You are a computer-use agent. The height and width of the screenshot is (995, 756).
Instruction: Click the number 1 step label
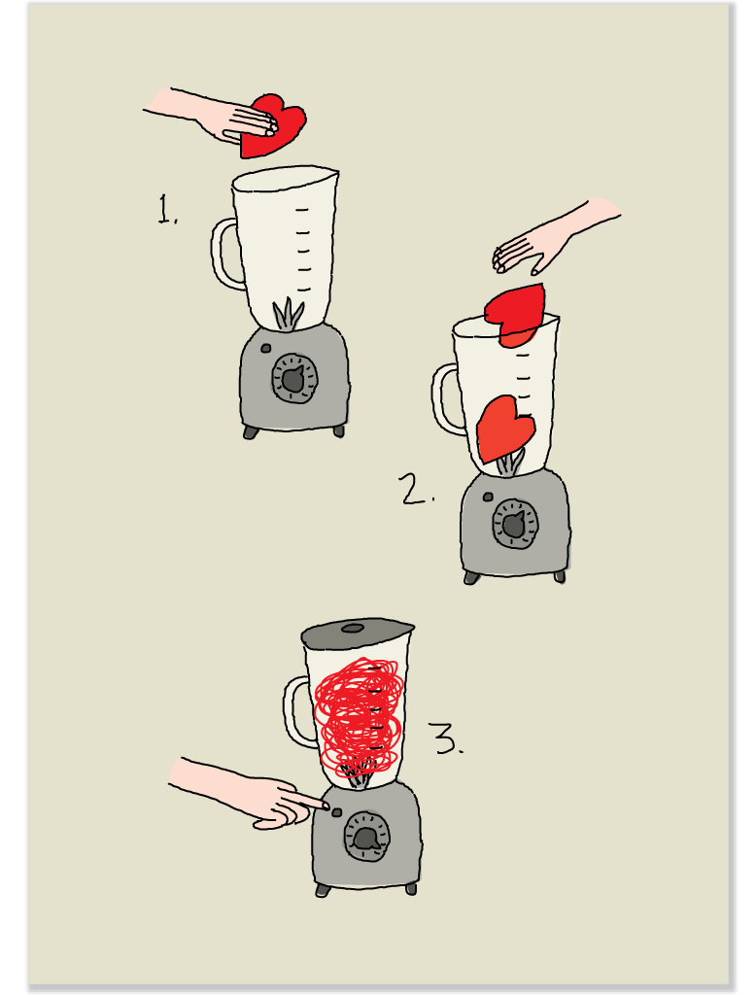pyautogui.click(x=167, y=210)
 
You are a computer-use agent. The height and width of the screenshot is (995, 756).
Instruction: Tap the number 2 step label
pyautogui.click(x=417, y=489)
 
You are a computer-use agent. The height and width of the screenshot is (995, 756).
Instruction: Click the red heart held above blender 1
pyautogui.click(x=273, y=125)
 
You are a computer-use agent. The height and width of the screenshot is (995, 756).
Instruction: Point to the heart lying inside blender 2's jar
pyautogui.click(x=504, y=429)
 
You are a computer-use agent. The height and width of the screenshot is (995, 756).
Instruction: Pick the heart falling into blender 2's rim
pyautogui.click(x=515, y=315)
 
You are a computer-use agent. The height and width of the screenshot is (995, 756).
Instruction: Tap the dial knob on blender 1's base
pyautogui.click(x=294, y=378)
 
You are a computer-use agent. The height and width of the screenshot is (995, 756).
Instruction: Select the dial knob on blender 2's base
pyautogui.click(x=515, y=524)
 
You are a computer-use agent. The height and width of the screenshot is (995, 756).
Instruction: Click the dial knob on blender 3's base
pyautogui.click(x=367, y=837)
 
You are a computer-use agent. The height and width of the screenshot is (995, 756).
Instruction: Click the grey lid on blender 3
pyautogui.click(x=358, y=634)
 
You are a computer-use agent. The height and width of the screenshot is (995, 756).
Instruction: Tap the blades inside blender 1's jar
pyautogui.click(x=289, y=315)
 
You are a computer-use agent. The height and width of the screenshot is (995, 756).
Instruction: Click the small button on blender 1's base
pyautogui.click(x=266, y=348)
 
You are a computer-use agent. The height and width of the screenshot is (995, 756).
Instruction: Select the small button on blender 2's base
pyautogui.click(x=488, y=497)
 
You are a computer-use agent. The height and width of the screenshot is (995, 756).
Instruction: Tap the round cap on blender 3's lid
pyautogui.click(x=353, y=629)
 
